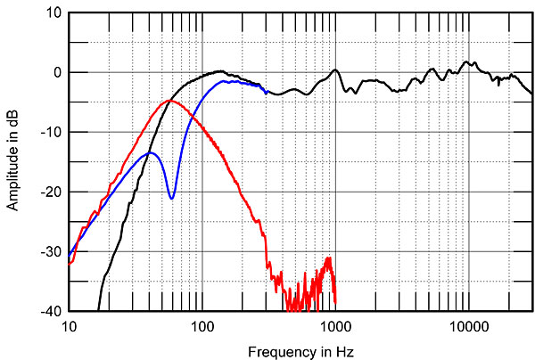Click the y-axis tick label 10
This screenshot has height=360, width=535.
[53, 13]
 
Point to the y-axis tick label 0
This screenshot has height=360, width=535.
[56, 73]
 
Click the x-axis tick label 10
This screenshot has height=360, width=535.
[69, 325]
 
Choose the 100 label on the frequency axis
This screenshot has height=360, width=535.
[202, 325]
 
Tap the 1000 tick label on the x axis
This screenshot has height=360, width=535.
[335, 325]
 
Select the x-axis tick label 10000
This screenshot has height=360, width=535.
[468, 325]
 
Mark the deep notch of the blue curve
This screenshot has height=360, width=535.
[172, 197]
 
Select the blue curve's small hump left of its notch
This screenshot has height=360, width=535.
[151, 152]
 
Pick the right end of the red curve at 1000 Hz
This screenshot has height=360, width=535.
[335, 301]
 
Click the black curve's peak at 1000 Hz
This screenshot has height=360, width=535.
[335, 70]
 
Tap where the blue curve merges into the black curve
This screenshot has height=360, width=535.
[266, 91]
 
